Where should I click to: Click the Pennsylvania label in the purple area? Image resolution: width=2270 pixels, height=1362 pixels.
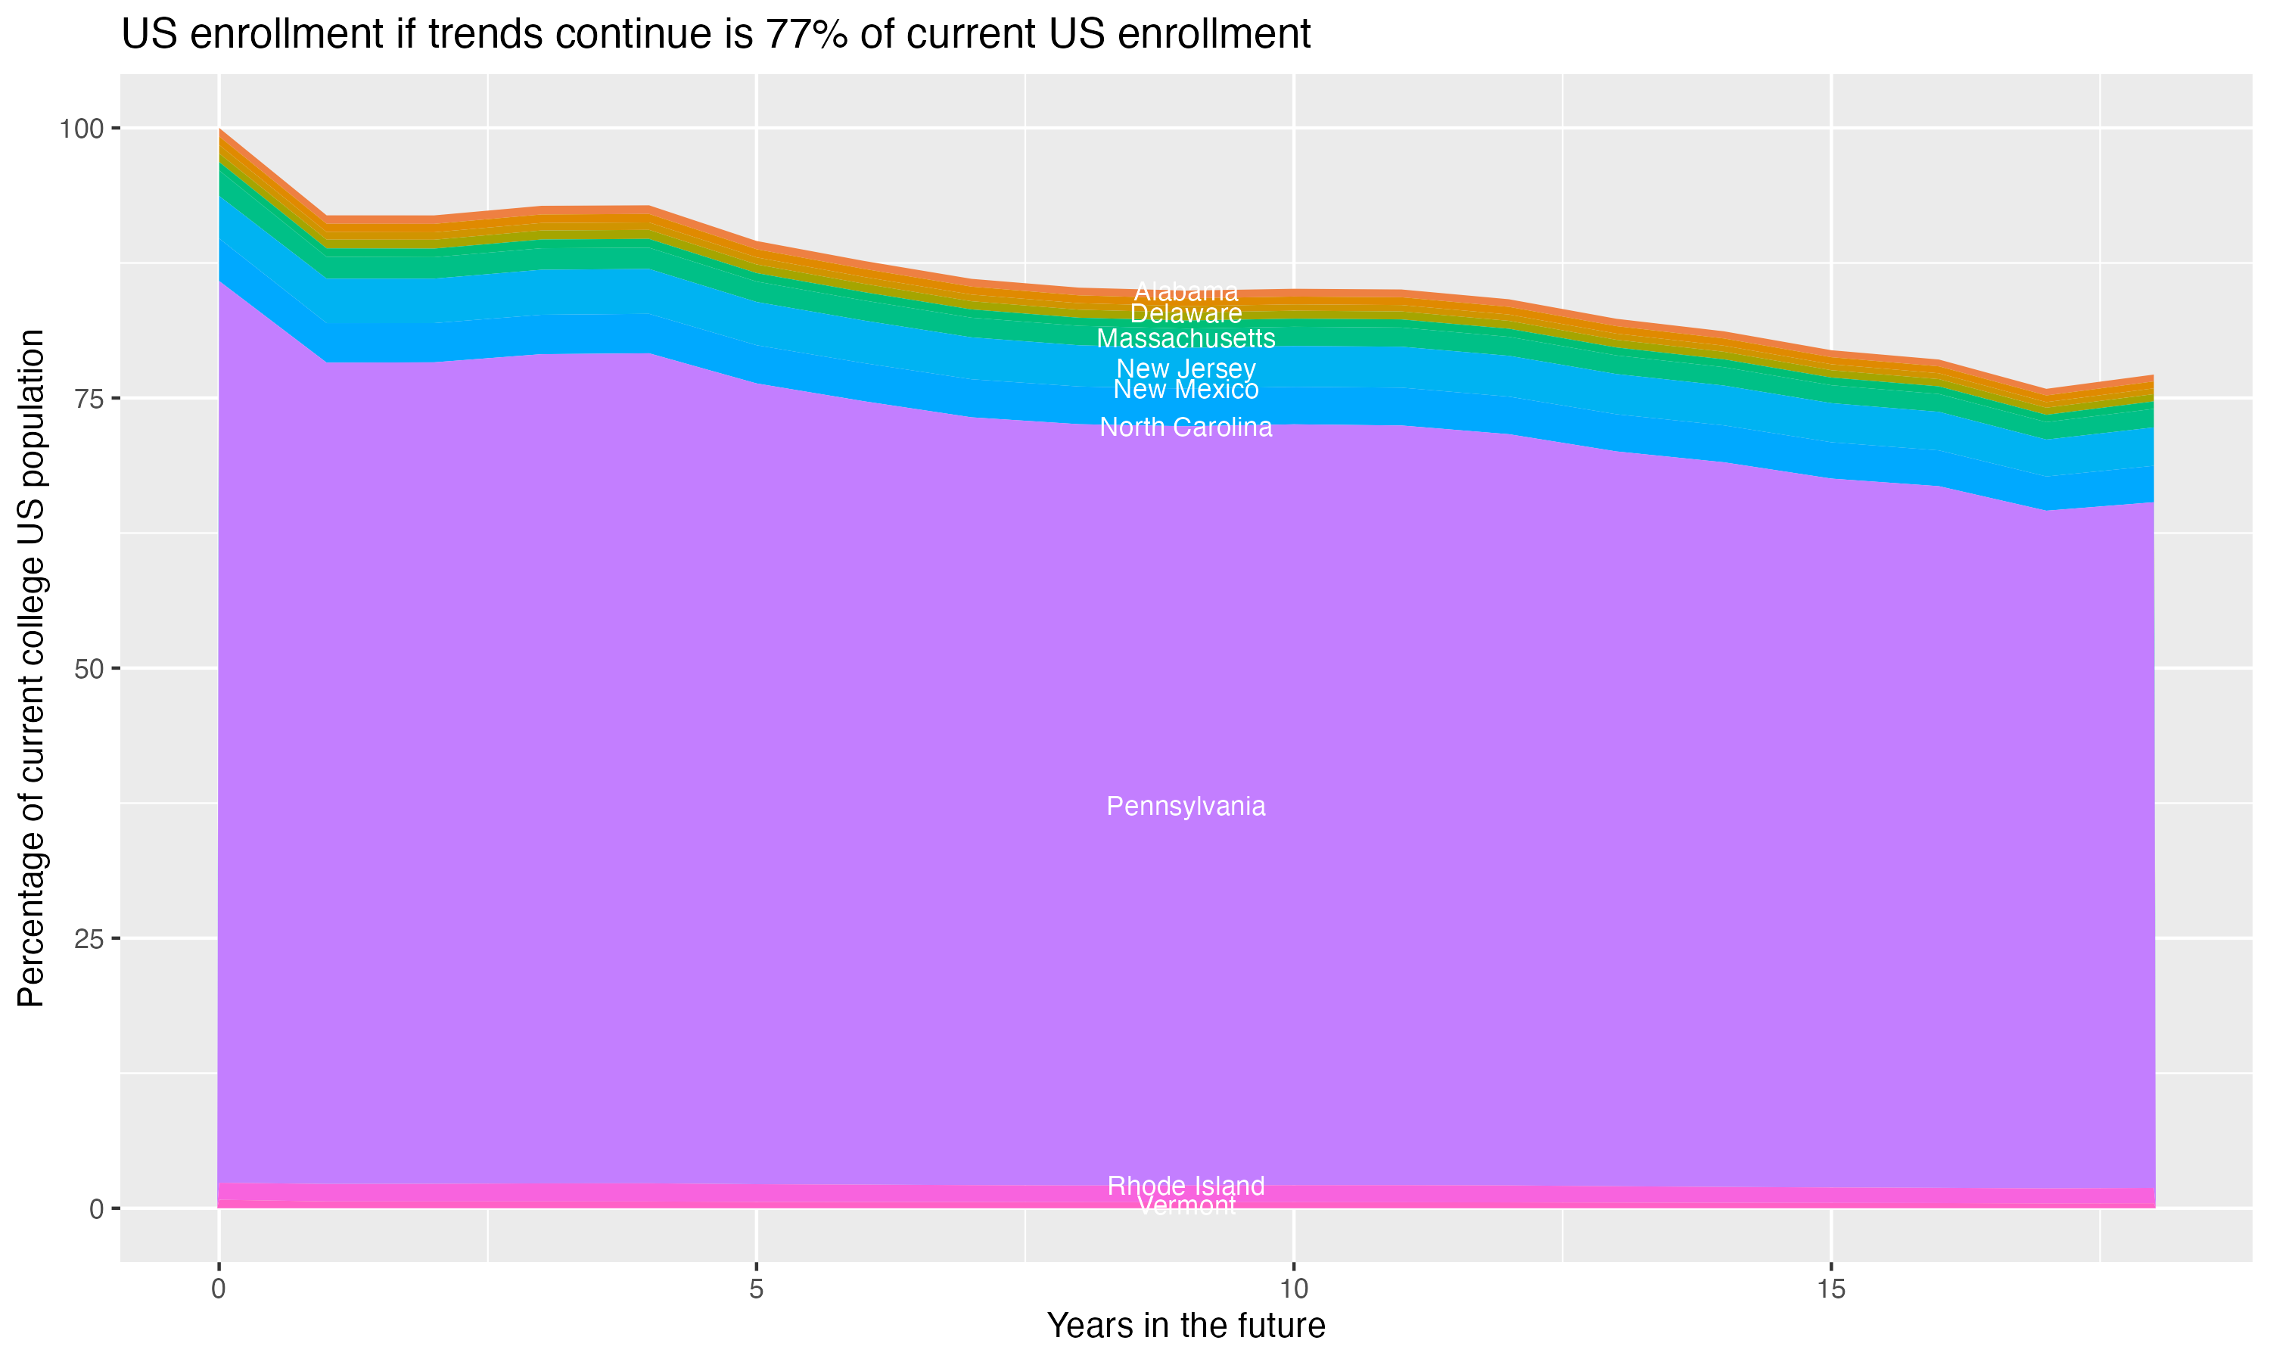click(x=1186, y=806)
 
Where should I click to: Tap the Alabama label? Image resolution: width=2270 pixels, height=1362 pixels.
click(x=1186, y=292)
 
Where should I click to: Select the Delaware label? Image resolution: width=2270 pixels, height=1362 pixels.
click(x=1186, y=314)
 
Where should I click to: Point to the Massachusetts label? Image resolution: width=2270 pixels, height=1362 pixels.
click(x=1186, y=339)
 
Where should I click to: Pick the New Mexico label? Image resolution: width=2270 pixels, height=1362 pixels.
click(x=1186, y=390)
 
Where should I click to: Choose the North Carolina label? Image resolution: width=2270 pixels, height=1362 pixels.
click(x=1186, y=427)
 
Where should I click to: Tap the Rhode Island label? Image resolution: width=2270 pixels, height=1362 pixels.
click(x=1186, y=1186)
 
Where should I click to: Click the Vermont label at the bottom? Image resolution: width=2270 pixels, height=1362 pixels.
click(x=1186, y=1206)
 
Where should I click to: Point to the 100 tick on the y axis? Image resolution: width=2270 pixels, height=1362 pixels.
click(x=81, y=129)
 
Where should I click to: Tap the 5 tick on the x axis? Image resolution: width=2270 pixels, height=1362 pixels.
click(x=756, y=1289)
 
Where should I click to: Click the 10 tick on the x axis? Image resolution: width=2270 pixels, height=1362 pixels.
click(x=1293, y=1289)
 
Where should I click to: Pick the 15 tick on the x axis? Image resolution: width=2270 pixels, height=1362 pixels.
click(x=1830, y=1289)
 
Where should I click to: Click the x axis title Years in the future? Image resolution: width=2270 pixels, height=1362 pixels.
click(x=1186, y=1325)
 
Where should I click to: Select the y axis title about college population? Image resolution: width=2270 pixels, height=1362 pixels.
click(x=31, y=668)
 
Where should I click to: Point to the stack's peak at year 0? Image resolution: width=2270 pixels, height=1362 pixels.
click(x=219, y=129)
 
